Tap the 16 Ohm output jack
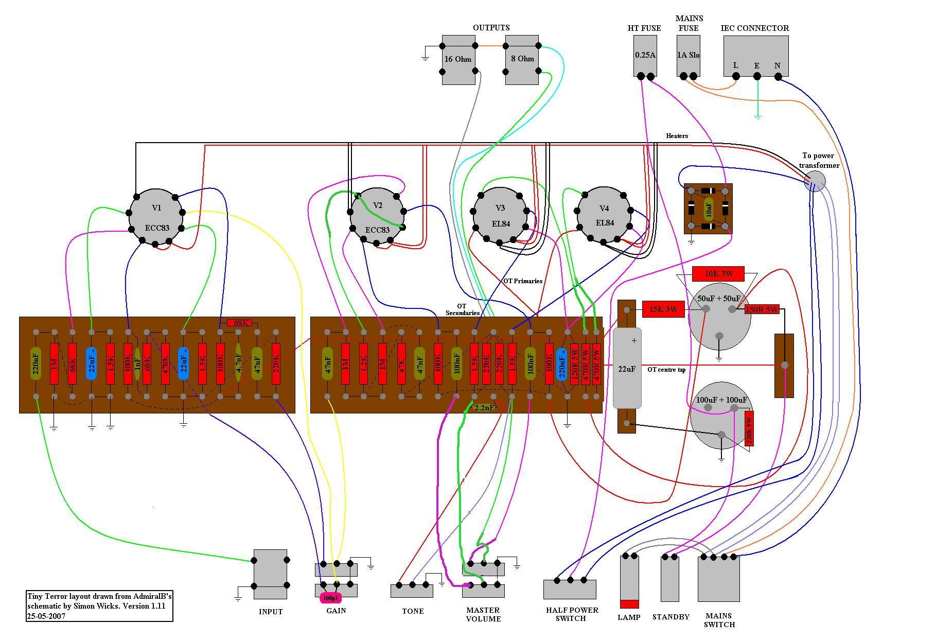[x=458, y=59]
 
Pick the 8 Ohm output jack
[x=522, y=59]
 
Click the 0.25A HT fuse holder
[x=645, y=56]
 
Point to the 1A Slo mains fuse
[x=688, y=56]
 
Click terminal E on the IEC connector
[x=757, y=76]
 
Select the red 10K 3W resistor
[x=718, y=274]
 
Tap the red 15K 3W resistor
[x=663, y=309]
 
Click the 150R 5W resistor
[x=762, y=309]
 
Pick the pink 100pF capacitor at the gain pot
[x=330, y=598]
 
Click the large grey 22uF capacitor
[x=627, y=368]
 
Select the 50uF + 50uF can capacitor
[x=719, y=317]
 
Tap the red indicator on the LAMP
[x=629, y=604]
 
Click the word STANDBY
[x=671, y=617]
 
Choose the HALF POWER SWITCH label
[x=572, y=614]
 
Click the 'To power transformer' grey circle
[x=815, y=182]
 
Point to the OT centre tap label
[x=666, y=370]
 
